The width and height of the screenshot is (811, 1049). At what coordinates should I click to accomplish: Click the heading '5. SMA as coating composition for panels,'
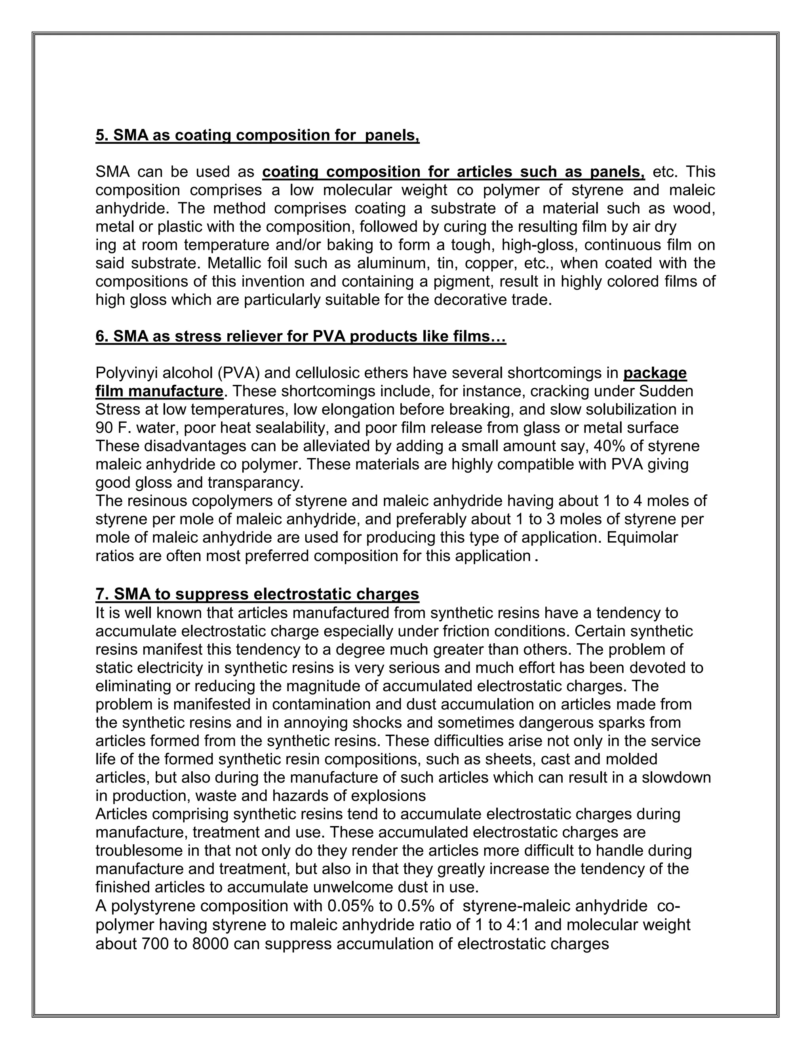(x=257, y=135)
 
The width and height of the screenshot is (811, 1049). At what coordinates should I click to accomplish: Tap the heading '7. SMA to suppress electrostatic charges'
(x=257, y=594)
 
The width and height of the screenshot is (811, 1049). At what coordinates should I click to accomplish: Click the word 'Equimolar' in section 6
(x=642, y=537)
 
